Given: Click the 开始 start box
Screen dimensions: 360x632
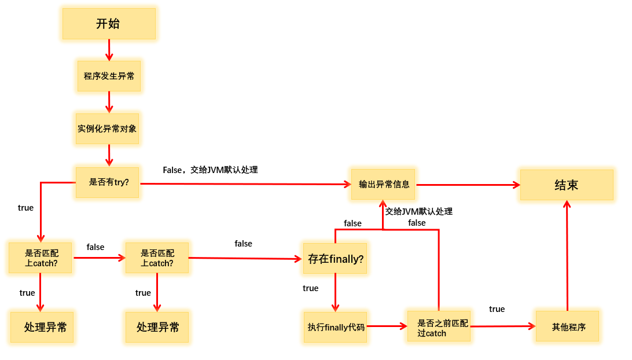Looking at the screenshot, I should pos(109,24).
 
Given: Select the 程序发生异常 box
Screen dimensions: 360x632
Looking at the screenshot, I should pos(109,76).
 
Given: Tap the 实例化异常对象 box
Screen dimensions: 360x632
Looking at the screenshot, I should pos(107,128).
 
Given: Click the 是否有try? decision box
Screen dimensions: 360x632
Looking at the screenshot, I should pos(108,182).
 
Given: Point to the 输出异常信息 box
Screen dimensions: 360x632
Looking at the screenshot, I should pos(383,184).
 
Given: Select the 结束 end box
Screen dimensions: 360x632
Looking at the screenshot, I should pos(566,185).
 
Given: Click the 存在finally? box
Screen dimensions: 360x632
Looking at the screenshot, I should pos(336,259).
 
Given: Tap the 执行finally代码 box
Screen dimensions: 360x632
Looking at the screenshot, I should pos(336,327).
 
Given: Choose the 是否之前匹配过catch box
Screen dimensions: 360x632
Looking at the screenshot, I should pos(439,327).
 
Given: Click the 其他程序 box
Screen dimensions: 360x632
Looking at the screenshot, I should pos(568,327).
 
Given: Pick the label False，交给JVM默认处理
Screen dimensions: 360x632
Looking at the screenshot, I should pos(210,170).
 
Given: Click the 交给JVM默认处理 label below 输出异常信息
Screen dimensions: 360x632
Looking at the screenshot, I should pos(419,211).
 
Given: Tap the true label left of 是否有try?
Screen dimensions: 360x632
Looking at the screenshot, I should pos(26,208).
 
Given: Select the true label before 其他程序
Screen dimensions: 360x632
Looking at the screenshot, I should pos(497,309).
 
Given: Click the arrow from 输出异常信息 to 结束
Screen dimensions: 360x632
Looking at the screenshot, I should pos(468,185).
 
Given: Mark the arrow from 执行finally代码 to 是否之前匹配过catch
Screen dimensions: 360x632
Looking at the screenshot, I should pos(387,326).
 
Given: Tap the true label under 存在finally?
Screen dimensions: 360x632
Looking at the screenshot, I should pos(311,288).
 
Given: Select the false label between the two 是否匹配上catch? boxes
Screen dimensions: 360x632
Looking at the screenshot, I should pos(95,247).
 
